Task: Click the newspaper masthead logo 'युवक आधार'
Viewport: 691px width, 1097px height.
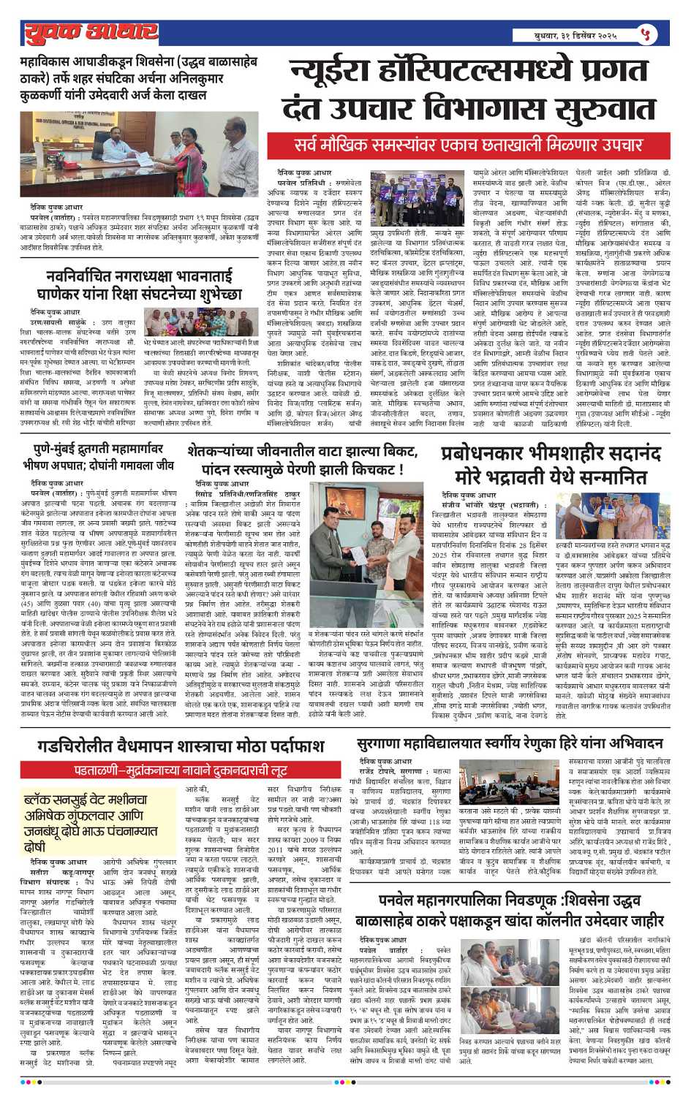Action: click(91, 33)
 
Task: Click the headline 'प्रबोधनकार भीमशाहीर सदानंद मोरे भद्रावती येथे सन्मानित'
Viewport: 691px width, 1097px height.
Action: click(545, 466)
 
